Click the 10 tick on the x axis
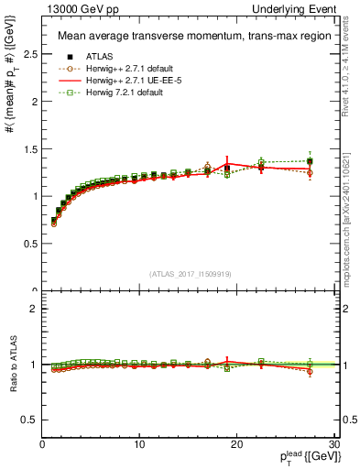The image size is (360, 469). [139, 444]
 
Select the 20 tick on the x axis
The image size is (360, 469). [236, 444]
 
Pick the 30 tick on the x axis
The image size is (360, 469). [333, 444]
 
